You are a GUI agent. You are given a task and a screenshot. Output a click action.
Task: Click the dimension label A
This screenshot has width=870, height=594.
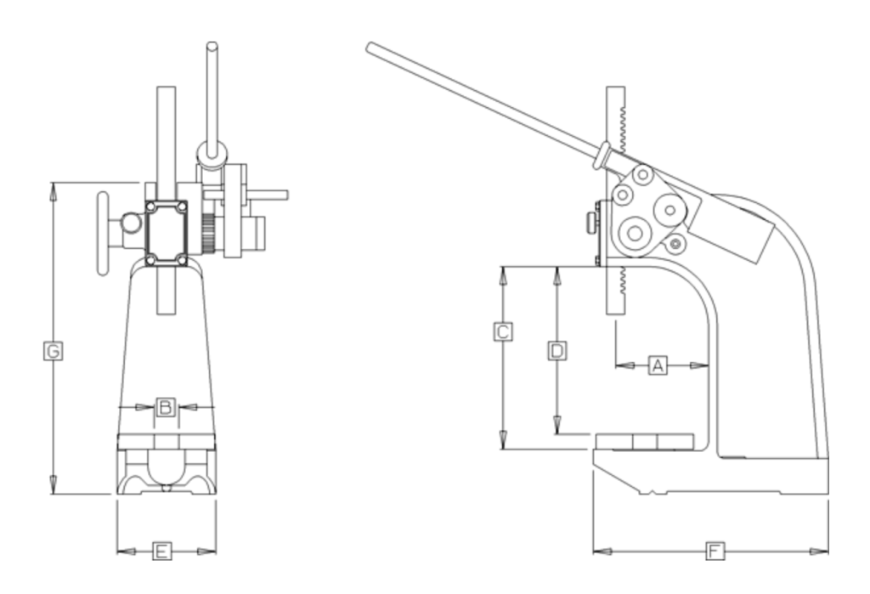pos(656,365)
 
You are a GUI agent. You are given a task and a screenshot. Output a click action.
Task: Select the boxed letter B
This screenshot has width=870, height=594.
pos(166,407)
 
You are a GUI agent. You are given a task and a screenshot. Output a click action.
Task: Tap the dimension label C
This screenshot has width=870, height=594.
pos(503,331)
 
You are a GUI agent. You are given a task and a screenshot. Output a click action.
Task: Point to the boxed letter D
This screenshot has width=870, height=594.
pos(556,350)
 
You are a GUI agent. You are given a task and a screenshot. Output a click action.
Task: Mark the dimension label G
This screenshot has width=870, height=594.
pos(53,350)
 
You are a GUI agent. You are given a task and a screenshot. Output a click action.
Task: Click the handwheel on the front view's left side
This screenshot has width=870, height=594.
pos(104,234)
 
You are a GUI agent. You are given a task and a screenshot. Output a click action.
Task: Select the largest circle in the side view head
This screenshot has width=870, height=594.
pos(634,233)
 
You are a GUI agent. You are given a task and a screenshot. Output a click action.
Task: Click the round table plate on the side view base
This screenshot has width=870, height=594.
pos(644,441)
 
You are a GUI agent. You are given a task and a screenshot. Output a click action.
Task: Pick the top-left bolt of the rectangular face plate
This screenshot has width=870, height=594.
pos(151,206)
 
